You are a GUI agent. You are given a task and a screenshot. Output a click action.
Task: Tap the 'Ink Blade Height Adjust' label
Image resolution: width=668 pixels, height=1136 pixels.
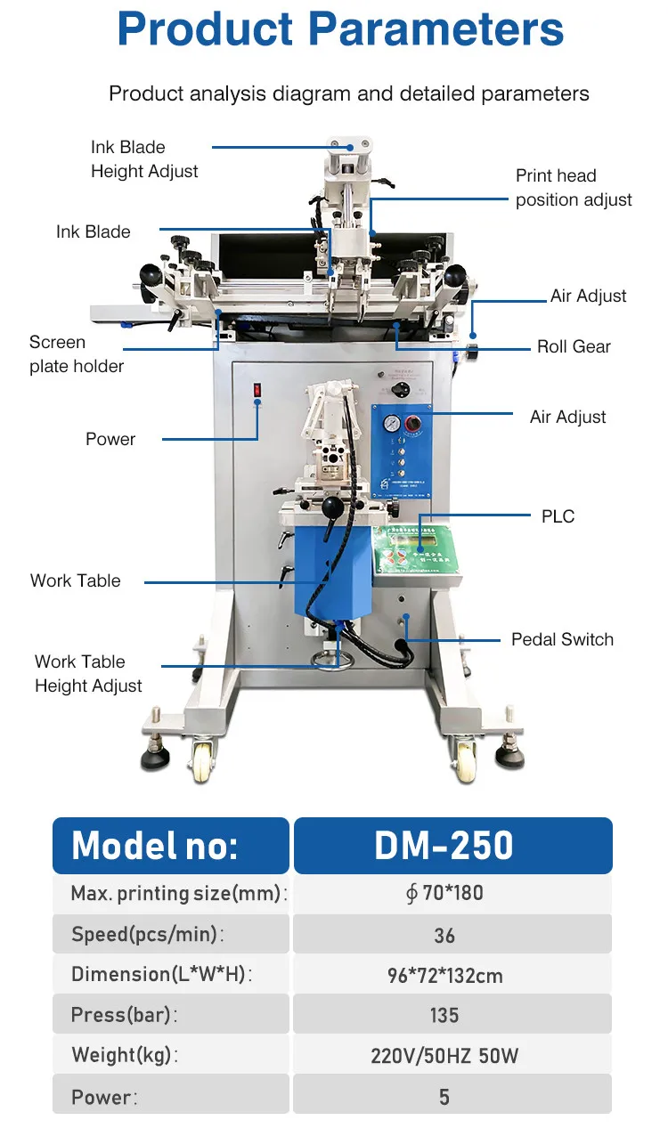pos(144,158)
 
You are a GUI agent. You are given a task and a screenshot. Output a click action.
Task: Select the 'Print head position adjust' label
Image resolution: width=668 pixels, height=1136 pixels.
pos(574,188)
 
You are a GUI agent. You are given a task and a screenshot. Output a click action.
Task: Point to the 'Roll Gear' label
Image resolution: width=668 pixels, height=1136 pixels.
pos(574,346)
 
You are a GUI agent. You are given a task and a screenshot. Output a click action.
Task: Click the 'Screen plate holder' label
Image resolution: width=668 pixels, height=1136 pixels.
pos(77,353)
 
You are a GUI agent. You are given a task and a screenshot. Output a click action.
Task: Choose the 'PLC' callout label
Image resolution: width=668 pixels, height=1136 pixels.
pos(558,516)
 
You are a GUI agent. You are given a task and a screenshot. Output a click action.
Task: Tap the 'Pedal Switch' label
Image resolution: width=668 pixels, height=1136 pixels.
pos(562,639)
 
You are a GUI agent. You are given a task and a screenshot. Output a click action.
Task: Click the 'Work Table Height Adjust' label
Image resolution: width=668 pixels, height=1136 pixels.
pos(88,673)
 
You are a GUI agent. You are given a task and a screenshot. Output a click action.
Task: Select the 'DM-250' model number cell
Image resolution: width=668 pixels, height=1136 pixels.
pos(452,845)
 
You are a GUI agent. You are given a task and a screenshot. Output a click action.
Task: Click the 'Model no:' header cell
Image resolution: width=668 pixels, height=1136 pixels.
pos(170,845)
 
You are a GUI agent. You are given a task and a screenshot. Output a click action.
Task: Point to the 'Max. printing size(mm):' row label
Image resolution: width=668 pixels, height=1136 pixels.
pos(178,893)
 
